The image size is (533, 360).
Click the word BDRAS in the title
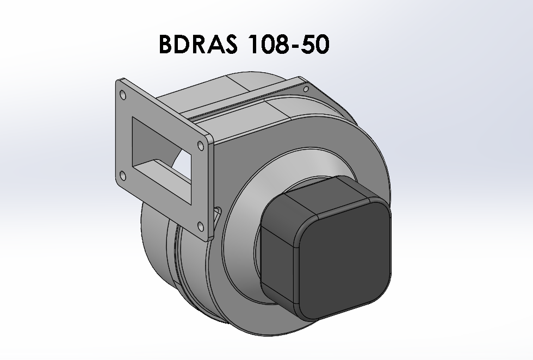(198, 45)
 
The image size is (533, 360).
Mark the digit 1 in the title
(251, 45)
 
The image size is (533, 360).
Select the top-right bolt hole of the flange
(201, 145)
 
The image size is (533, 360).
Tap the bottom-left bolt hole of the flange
(122, 175)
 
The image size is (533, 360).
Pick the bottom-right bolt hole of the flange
(200, 226)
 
